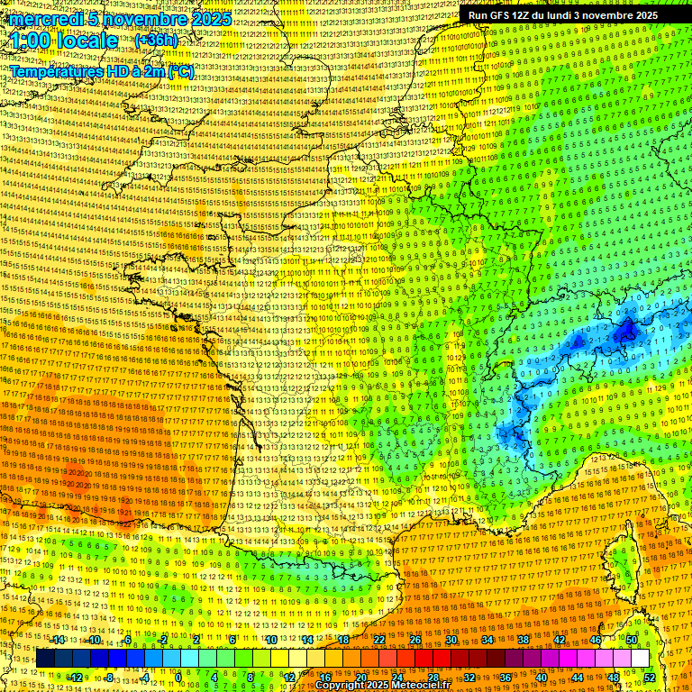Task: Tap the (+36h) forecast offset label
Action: coord(156,41)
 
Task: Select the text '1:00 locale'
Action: coord(65,41)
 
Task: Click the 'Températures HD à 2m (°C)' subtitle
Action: coord(102,71)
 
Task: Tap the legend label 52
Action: coord(649,678)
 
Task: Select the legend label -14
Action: coord(59,640)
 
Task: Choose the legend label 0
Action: coord(178,678)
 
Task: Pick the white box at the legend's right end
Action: coord(640,659)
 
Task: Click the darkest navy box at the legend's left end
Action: coord(45,659)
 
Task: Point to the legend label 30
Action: coord(451,640)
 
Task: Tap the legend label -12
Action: coord(76,678)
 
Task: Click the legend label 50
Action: coord(632,640)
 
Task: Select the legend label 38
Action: coord(524,640)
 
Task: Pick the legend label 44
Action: coord(577,678)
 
